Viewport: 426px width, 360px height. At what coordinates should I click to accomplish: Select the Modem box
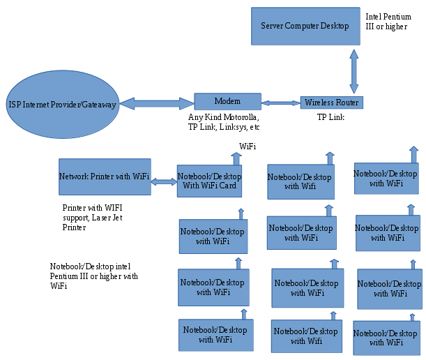[x=227, y=101]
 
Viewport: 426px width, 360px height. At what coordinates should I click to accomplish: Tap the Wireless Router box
[x=331, y=103]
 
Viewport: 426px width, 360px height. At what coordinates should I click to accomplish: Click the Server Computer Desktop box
[x=305, y=27]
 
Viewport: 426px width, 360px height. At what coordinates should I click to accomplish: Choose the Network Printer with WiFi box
[x=105, y=177]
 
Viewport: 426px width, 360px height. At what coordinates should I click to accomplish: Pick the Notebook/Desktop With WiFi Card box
[x=209, y=181]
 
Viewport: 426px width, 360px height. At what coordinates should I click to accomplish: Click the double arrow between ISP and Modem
[x=156, y=103]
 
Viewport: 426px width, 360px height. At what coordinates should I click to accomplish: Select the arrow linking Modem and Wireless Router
[x=280, y=103]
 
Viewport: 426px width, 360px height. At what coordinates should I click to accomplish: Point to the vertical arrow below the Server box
[x=354, y=70]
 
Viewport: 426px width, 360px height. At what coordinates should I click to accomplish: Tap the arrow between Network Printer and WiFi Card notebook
[x=165, y=181]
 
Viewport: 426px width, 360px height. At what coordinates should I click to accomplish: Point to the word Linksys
[x=229, y=128]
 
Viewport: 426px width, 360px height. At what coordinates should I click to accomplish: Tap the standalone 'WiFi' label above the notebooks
[x=248, y=147]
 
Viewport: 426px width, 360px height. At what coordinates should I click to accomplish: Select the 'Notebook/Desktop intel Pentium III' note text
[x=91, y=271]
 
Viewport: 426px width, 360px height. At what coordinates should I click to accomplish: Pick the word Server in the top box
[x=274, y=26]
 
